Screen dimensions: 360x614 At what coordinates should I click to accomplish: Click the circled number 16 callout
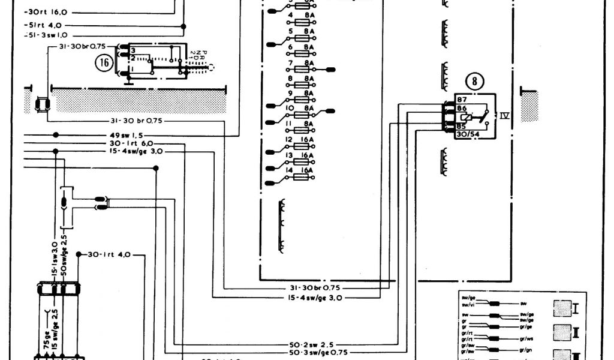tap(105, 63)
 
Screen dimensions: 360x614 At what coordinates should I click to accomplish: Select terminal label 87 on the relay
tap(462, 100)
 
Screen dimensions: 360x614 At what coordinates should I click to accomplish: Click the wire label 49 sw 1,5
tap(125, 135)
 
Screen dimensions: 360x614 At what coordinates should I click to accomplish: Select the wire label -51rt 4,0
tap(44, 25)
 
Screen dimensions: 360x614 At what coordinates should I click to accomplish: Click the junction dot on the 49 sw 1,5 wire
tap(56, 135)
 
